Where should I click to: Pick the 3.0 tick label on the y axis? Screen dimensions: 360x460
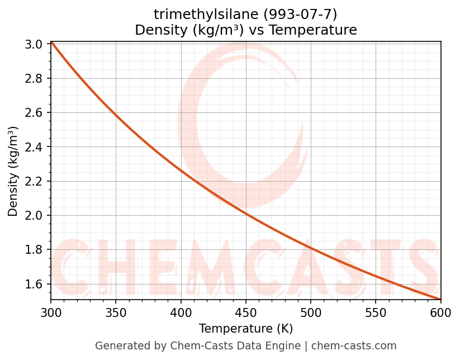pyautogui.click(x=35, y=44)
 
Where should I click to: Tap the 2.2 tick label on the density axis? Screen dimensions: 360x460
pyautogui.click(x=35, y=181)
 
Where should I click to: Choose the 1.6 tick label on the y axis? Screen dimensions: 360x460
pyautogui.click(x=35, y=284)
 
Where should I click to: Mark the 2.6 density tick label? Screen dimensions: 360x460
pyautogui.click(x=35, y=113)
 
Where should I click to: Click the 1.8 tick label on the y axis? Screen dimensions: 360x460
pyautogui.click(x=35, y=250)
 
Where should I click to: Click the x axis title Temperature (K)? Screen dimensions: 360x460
pyautogui.click(x=245, y=329)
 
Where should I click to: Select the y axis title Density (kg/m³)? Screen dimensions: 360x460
pyautogui.click(x=13, y=171)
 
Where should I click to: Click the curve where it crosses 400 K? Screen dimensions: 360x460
pyautogui.click(x=181, y=170)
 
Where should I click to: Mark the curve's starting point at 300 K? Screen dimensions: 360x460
pyautogui.click(x=51, y=42)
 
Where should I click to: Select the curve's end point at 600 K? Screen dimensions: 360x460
pyautogui.click(x=440, y=299)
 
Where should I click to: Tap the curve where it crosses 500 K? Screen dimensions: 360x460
pyautogui.click(x=310, y=246)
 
